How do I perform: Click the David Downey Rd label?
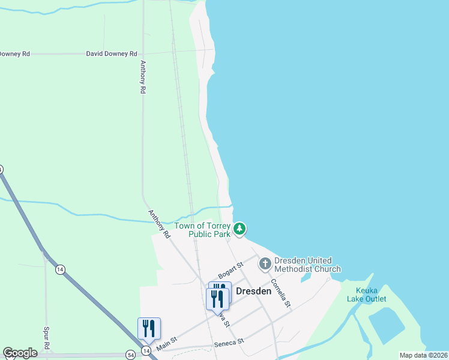112,53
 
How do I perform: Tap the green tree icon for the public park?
240,229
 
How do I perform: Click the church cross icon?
265,263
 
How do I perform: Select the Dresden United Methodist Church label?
307,265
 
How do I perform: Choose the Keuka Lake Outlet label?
367,294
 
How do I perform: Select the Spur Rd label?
46,338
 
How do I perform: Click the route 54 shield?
130,355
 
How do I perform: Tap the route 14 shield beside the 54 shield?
146,350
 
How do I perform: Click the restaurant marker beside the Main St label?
149,329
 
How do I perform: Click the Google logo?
20,353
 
